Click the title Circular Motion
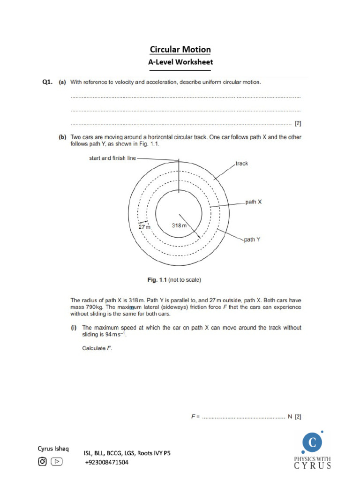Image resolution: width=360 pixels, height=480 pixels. tap(180, 50)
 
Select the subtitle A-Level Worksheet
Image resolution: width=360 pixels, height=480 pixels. tap(180, 62)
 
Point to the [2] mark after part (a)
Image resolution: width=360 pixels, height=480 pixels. tap(298, 124)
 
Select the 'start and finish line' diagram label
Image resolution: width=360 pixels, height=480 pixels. tap(112, 158)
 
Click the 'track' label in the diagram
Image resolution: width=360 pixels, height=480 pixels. tap(242, 164)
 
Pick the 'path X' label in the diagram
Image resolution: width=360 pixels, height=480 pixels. tap(254, 202)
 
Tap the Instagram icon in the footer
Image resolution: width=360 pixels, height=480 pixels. tap(43, 462)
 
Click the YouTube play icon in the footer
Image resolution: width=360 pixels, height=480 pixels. tap(57, 462)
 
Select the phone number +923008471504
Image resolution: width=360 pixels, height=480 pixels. tap(106, 462)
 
